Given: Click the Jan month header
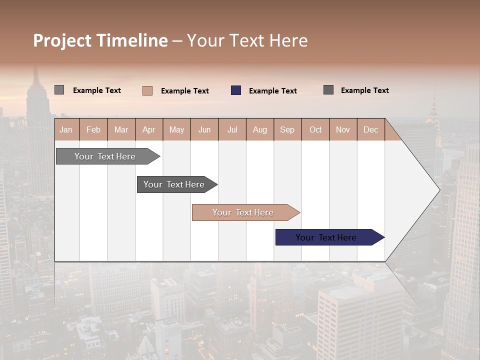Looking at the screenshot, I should pos(66,130).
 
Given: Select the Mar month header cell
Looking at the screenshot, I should pos(121,130).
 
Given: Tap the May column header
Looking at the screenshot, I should pos(176,130).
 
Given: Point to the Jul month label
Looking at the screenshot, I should pos(232,130).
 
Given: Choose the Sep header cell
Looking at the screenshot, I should pos(287,130).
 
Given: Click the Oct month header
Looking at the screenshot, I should pos(315,130).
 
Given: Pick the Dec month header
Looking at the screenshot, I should pos(370,130).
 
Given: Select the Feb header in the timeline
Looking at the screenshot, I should pos(93,130).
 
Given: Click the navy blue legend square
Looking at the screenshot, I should pos(236,90).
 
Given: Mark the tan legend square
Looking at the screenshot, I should pos(147,90).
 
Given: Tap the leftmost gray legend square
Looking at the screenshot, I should pos(59,90).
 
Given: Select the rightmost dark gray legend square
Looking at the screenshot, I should pos(328,90).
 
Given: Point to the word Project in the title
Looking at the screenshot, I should pos(62,40).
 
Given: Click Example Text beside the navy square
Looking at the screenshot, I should pos(273,91).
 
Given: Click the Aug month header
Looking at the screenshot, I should pos(259,130).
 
